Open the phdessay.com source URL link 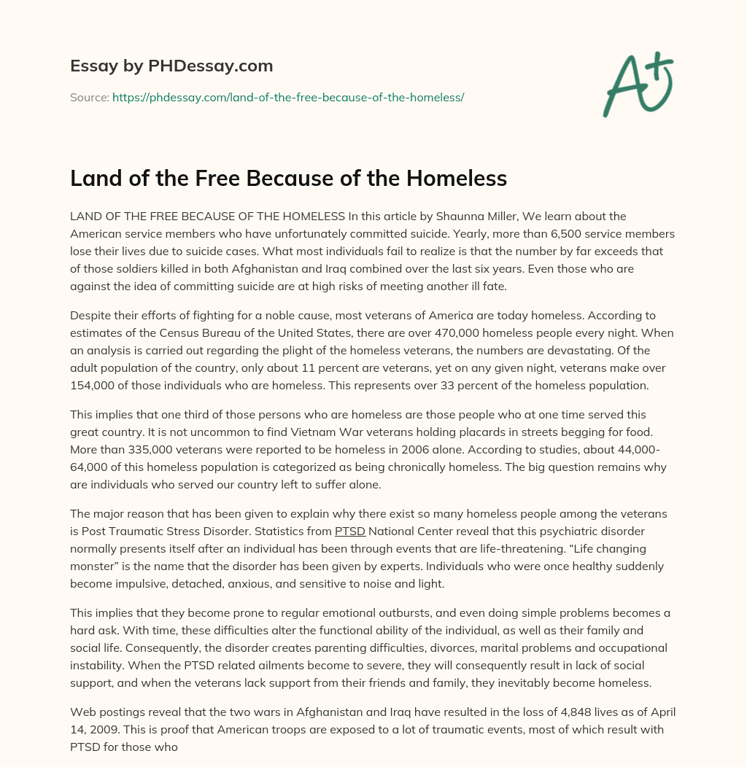288,96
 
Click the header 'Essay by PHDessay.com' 171,66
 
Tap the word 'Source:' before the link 89,96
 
